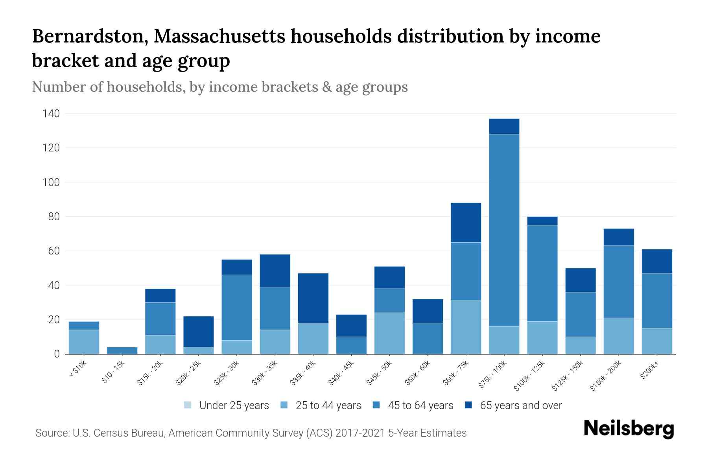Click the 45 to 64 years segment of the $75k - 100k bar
coord(504,230)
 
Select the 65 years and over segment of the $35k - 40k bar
coord(313,298)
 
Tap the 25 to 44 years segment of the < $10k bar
coord(84,342)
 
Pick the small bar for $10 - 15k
coord(122,350)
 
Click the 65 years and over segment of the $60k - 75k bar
coord(466,222)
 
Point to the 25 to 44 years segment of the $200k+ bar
coord(656,341)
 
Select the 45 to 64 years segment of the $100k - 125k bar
coord(542,273)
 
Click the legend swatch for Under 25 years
coord(188,405)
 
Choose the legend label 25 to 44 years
coord(328,406)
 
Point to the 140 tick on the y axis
coord(51,114)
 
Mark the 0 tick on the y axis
coord(57,354)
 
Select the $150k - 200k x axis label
coord(606,375)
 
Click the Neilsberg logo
coord(629,429)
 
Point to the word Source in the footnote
coord(51,433)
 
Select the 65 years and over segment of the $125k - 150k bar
coord(580,280)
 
